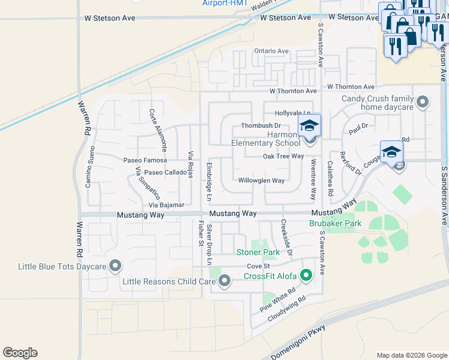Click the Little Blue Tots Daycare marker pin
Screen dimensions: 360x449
click(x=115, y=265)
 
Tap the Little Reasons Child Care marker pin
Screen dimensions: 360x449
click(x=224, y=280)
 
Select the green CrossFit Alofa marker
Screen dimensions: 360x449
click(x=306, y=276)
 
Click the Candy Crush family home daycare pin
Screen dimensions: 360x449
click(x=423, y=101)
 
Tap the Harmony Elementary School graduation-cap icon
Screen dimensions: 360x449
click(x=310, y=126)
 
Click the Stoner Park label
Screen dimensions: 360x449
click(x=258, y=253)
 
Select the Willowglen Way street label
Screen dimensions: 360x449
click(x=261, y=181)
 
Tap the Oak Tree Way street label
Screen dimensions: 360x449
click(x=283, y=156)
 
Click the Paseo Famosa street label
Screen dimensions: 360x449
click(x=145, y=161)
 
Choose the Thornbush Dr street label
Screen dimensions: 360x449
click(x=261, y=125)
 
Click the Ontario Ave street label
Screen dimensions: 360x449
click(x=271, y=52)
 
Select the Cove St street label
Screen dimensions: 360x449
click(x=259, y=266)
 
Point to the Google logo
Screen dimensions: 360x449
click(x=20, y=353)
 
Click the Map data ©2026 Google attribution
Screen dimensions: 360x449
click(x=411, y=355)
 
